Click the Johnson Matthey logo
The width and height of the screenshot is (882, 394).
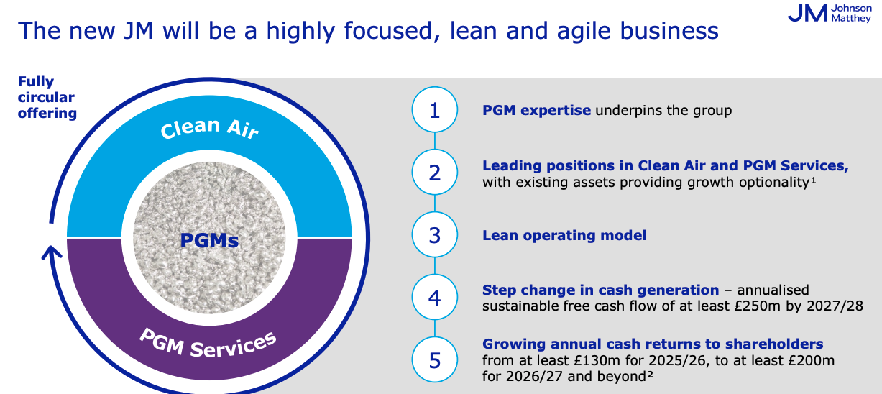(x=830, y=14)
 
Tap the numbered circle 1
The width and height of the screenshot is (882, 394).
(x=435, y=109)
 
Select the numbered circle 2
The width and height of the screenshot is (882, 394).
(x=435, y=172)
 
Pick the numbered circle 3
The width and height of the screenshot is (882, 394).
(x=435, y=235)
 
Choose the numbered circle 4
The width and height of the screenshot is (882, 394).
(x=435, y=297)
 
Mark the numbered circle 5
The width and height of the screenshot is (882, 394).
(x=435, y=359)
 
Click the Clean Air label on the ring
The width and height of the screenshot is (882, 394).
(x=209, y=129)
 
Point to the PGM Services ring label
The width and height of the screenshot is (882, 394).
(x=208, y=344)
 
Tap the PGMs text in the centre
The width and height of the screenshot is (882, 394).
(x=209, y=240)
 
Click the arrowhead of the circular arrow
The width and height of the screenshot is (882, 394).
(x=52, y=253)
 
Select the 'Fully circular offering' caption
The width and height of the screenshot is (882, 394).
(x=47, y=97)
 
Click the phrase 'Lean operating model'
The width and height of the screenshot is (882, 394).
(x=564, y=236)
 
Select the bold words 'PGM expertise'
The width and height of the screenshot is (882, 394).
(x=537, y=111)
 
